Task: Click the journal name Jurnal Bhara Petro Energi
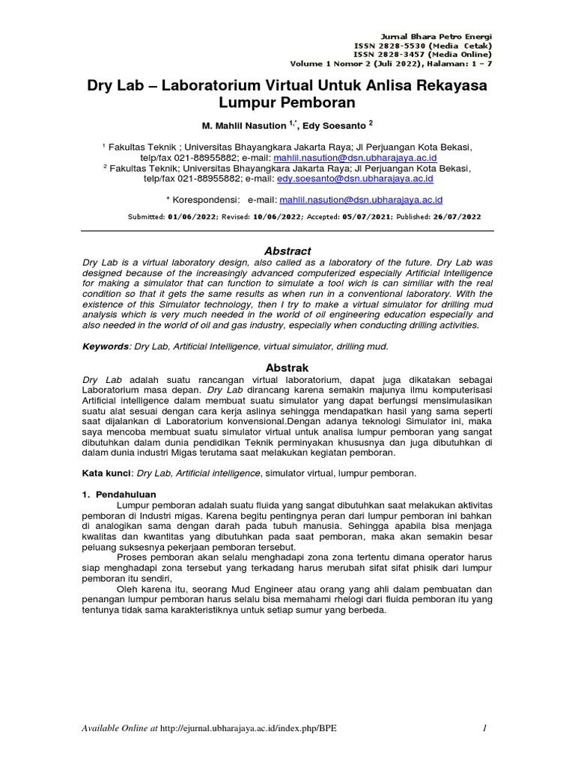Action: point(437,36)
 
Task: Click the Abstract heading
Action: point(287,251)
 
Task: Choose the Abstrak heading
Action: point(287,367)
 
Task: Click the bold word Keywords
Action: point(103,346)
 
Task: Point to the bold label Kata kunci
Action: point(106,474)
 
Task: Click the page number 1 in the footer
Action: point(485,728)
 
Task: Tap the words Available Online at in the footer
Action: point(120,728)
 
